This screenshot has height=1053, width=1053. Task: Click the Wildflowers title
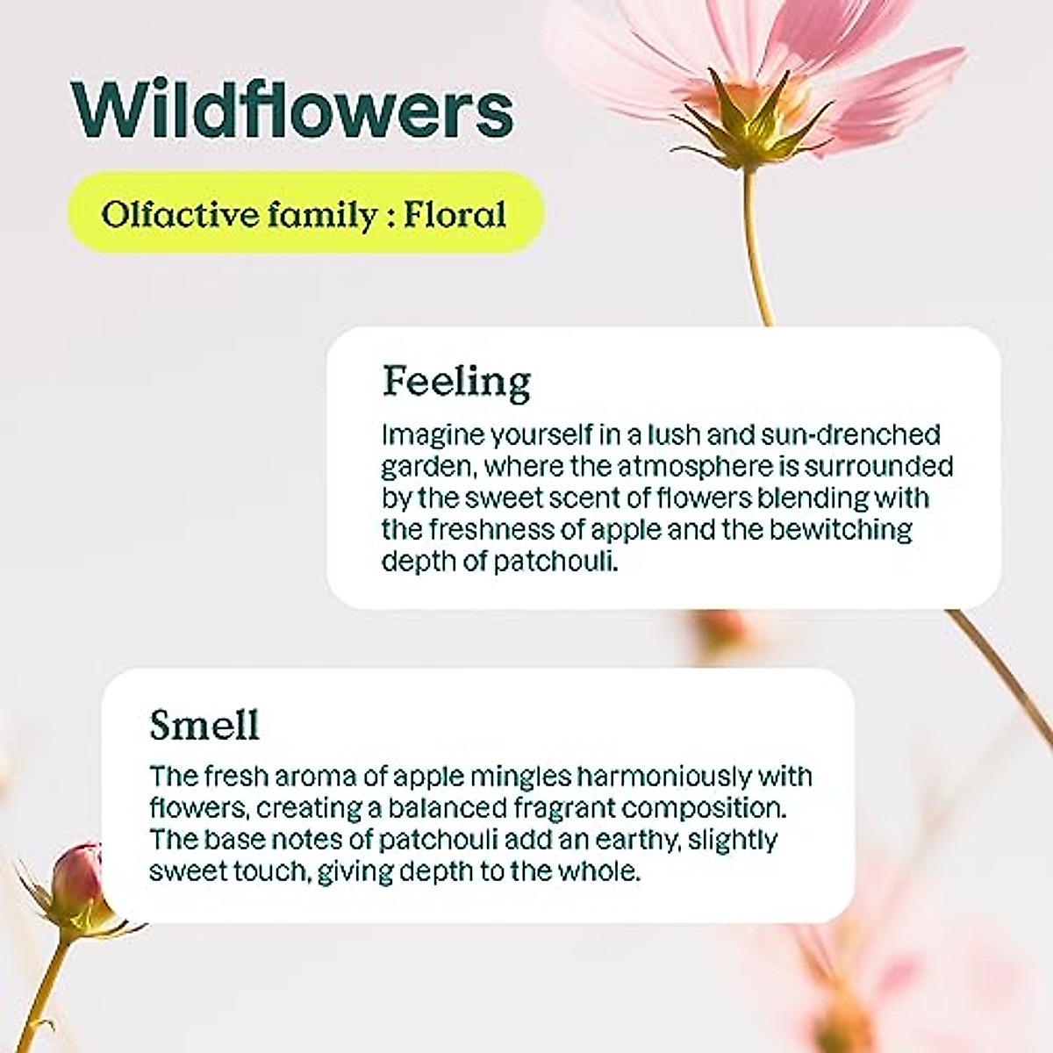click(x=292, y=111)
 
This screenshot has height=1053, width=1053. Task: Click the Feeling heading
click(x=456, y=382)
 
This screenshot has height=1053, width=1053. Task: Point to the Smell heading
click(x=204, y=724)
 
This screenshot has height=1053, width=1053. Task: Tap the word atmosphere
click(x=696, y=467)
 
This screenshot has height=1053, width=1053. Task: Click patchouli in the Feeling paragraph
click(x=555, y=562)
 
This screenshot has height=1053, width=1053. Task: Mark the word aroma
click(x=316, y=777)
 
